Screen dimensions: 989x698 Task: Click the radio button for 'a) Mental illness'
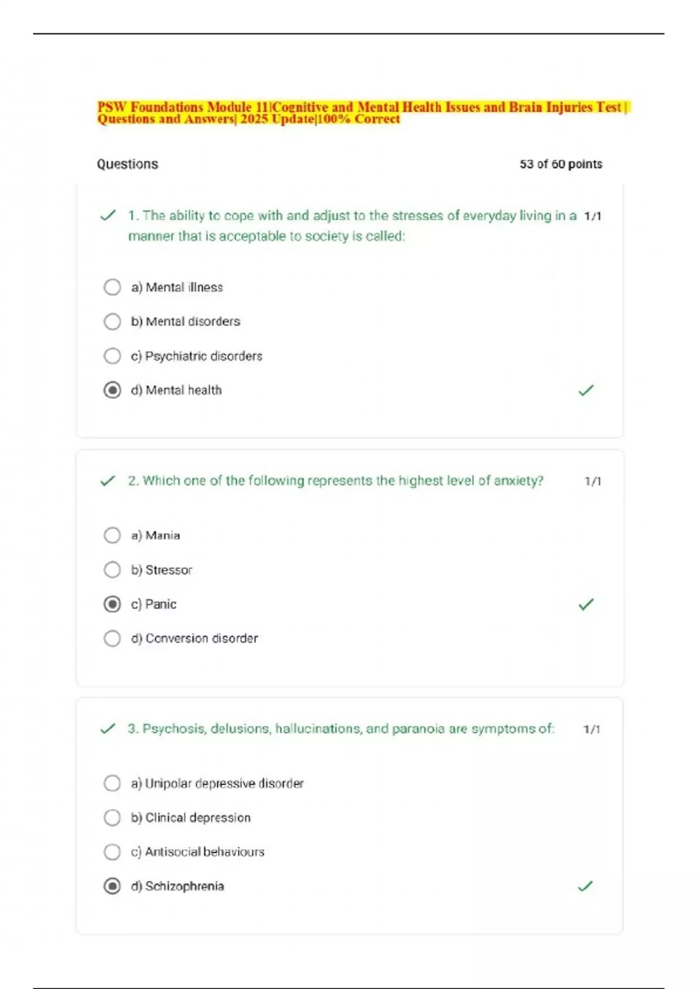click(112, 287)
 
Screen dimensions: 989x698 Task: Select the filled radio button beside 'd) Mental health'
click(112, 390)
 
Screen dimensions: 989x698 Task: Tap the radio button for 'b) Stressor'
click(112, 570)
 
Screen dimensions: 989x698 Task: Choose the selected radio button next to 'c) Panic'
click(112, 604)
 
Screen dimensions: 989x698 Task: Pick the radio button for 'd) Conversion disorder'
click(112, 638)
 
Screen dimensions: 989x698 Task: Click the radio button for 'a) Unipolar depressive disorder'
click(112, 783)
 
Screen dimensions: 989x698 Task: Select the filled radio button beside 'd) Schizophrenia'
click(112, 886)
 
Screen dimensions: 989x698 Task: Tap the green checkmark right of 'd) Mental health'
click(586, 390)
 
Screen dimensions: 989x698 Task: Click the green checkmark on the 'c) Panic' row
click(586, 604)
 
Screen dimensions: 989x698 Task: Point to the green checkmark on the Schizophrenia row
click(585, 886)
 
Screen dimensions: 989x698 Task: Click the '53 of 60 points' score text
click(561, 164)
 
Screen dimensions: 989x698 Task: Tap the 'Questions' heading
click(127, 164)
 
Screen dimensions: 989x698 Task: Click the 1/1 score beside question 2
click(593, 481)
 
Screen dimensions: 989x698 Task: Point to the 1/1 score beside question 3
click(592, 729)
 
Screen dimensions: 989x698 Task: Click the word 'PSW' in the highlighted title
click(112, 107)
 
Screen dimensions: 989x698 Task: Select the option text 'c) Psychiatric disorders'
click(197, 356)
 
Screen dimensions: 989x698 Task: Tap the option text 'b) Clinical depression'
click(191, 817)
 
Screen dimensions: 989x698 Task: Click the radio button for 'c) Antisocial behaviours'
click(112, 852)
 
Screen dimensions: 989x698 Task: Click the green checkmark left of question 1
click(108, 216)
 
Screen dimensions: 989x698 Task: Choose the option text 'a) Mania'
click(155, 535)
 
